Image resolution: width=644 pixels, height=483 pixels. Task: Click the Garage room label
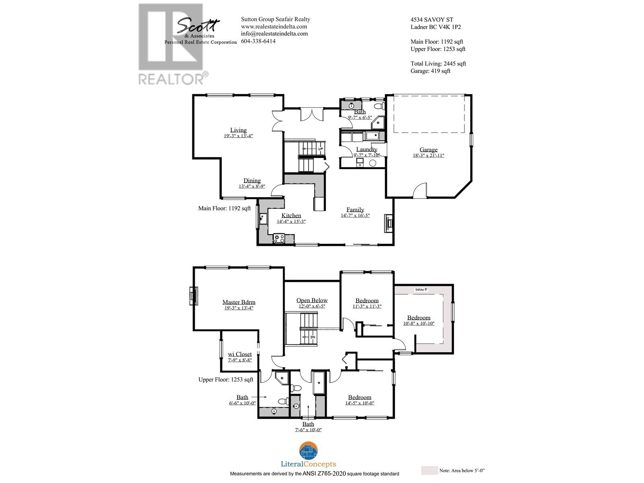tap(428, 150)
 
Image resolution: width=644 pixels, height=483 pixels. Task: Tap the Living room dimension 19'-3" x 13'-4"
tap(238, 136)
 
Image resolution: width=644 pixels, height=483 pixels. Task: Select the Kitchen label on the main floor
tap(291, 215)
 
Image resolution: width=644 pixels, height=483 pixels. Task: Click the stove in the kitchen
tap(279, 239)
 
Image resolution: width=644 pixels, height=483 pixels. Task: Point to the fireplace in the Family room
tap(388, 223)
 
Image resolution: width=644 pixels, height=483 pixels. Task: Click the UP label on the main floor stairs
tap(321, 149)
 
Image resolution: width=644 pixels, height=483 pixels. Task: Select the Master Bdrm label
tap(239, 302)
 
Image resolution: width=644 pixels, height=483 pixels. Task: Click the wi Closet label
tap(239, 354)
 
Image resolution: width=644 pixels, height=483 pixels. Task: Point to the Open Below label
tap(312, 300)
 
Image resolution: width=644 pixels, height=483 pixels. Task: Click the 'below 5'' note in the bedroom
tap(421, 289)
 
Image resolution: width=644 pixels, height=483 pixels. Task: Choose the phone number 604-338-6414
tap(258, 41)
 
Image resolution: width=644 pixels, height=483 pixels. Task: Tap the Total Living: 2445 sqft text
tap(438, 64)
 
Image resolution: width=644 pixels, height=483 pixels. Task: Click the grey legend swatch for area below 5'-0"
tap(429, 471)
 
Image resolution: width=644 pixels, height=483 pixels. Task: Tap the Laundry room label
tap(366, 149)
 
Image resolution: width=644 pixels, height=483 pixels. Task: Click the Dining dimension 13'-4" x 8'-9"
tap(252, 186)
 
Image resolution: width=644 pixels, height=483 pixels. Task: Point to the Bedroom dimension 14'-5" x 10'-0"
tap(359, 403)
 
